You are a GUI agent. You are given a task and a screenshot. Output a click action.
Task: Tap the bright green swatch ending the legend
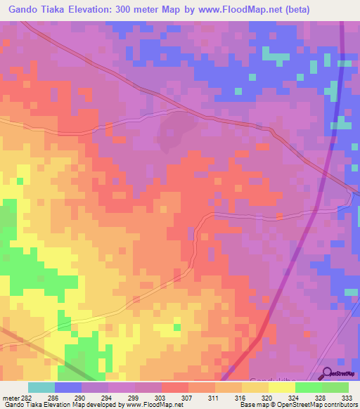[335, 387]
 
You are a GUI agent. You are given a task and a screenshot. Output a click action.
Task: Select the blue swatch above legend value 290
[68, 387]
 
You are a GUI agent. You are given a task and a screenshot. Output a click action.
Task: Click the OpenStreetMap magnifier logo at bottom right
[326, 373]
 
